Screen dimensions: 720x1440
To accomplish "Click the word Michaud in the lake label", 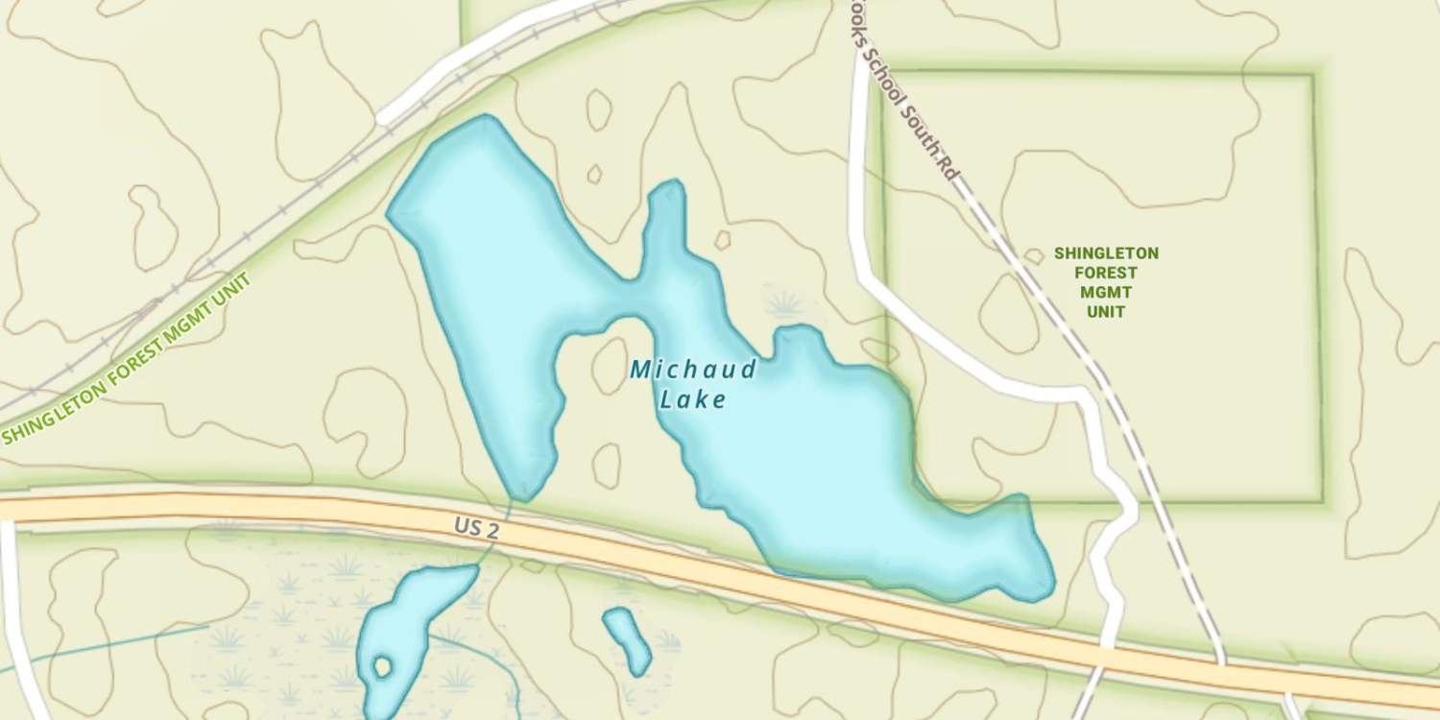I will (693, 370).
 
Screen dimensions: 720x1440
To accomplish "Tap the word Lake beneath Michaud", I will (693, 400).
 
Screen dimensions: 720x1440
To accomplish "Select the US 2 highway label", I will (476, 528).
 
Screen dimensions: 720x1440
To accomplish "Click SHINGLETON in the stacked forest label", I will (1106, 253).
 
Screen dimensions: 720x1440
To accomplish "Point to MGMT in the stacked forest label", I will (1106, 292).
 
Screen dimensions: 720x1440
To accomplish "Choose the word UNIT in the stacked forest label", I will (1106, 311).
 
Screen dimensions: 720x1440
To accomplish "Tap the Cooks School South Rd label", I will (906, 91).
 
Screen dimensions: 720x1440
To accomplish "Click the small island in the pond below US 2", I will (382, 666).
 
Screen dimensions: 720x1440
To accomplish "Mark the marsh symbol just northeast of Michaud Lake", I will (785, 304).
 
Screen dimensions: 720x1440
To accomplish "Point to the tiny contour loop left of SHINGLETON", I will (1034, 256).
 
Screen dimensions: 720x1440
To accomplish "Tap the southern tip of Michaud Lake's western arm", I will (522, 493).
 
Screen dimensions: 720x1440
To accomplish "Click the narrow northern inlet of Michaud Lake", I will (666, 206).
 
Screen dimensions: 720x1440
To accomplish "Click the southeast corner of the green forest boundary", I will (1320, 500).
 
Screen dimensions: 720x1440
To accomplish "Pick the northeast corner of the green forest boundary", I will (1311, 75).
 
